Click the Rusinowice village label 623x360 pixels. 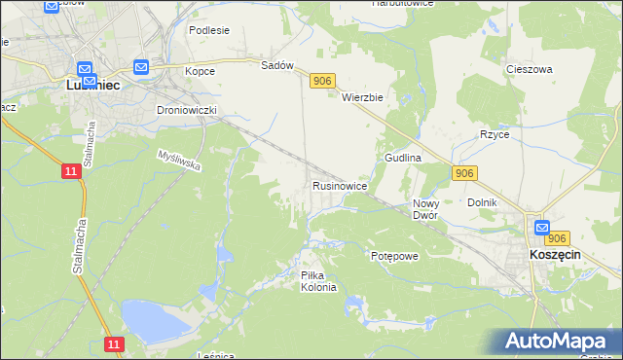click(339, 185)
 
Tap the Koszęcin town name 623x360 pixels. click(555, 253)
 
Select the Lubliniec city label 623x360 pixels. click(92, 85)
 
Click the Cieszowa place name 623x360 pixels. click(529, 70)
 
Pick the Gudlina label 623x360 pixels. click(402, 157)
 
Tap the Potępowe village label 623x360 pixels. click(394, 256)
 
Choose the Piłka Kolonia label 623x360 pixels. click(318, 281)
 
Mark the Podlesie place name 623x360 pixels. click(209, 30)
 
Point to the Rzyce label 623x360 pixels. click(494, 134)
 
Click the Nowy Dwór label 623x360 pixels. click(425, 209)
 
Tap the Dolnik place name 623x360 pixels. click(482, 202)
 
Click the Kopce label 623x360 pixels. click(200, 71)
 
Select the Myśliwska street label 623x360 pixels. click(179, 161)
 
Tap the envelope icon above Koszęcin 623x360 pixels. click(542, 228)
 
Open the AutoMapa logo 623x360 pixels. click(558, 341)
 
